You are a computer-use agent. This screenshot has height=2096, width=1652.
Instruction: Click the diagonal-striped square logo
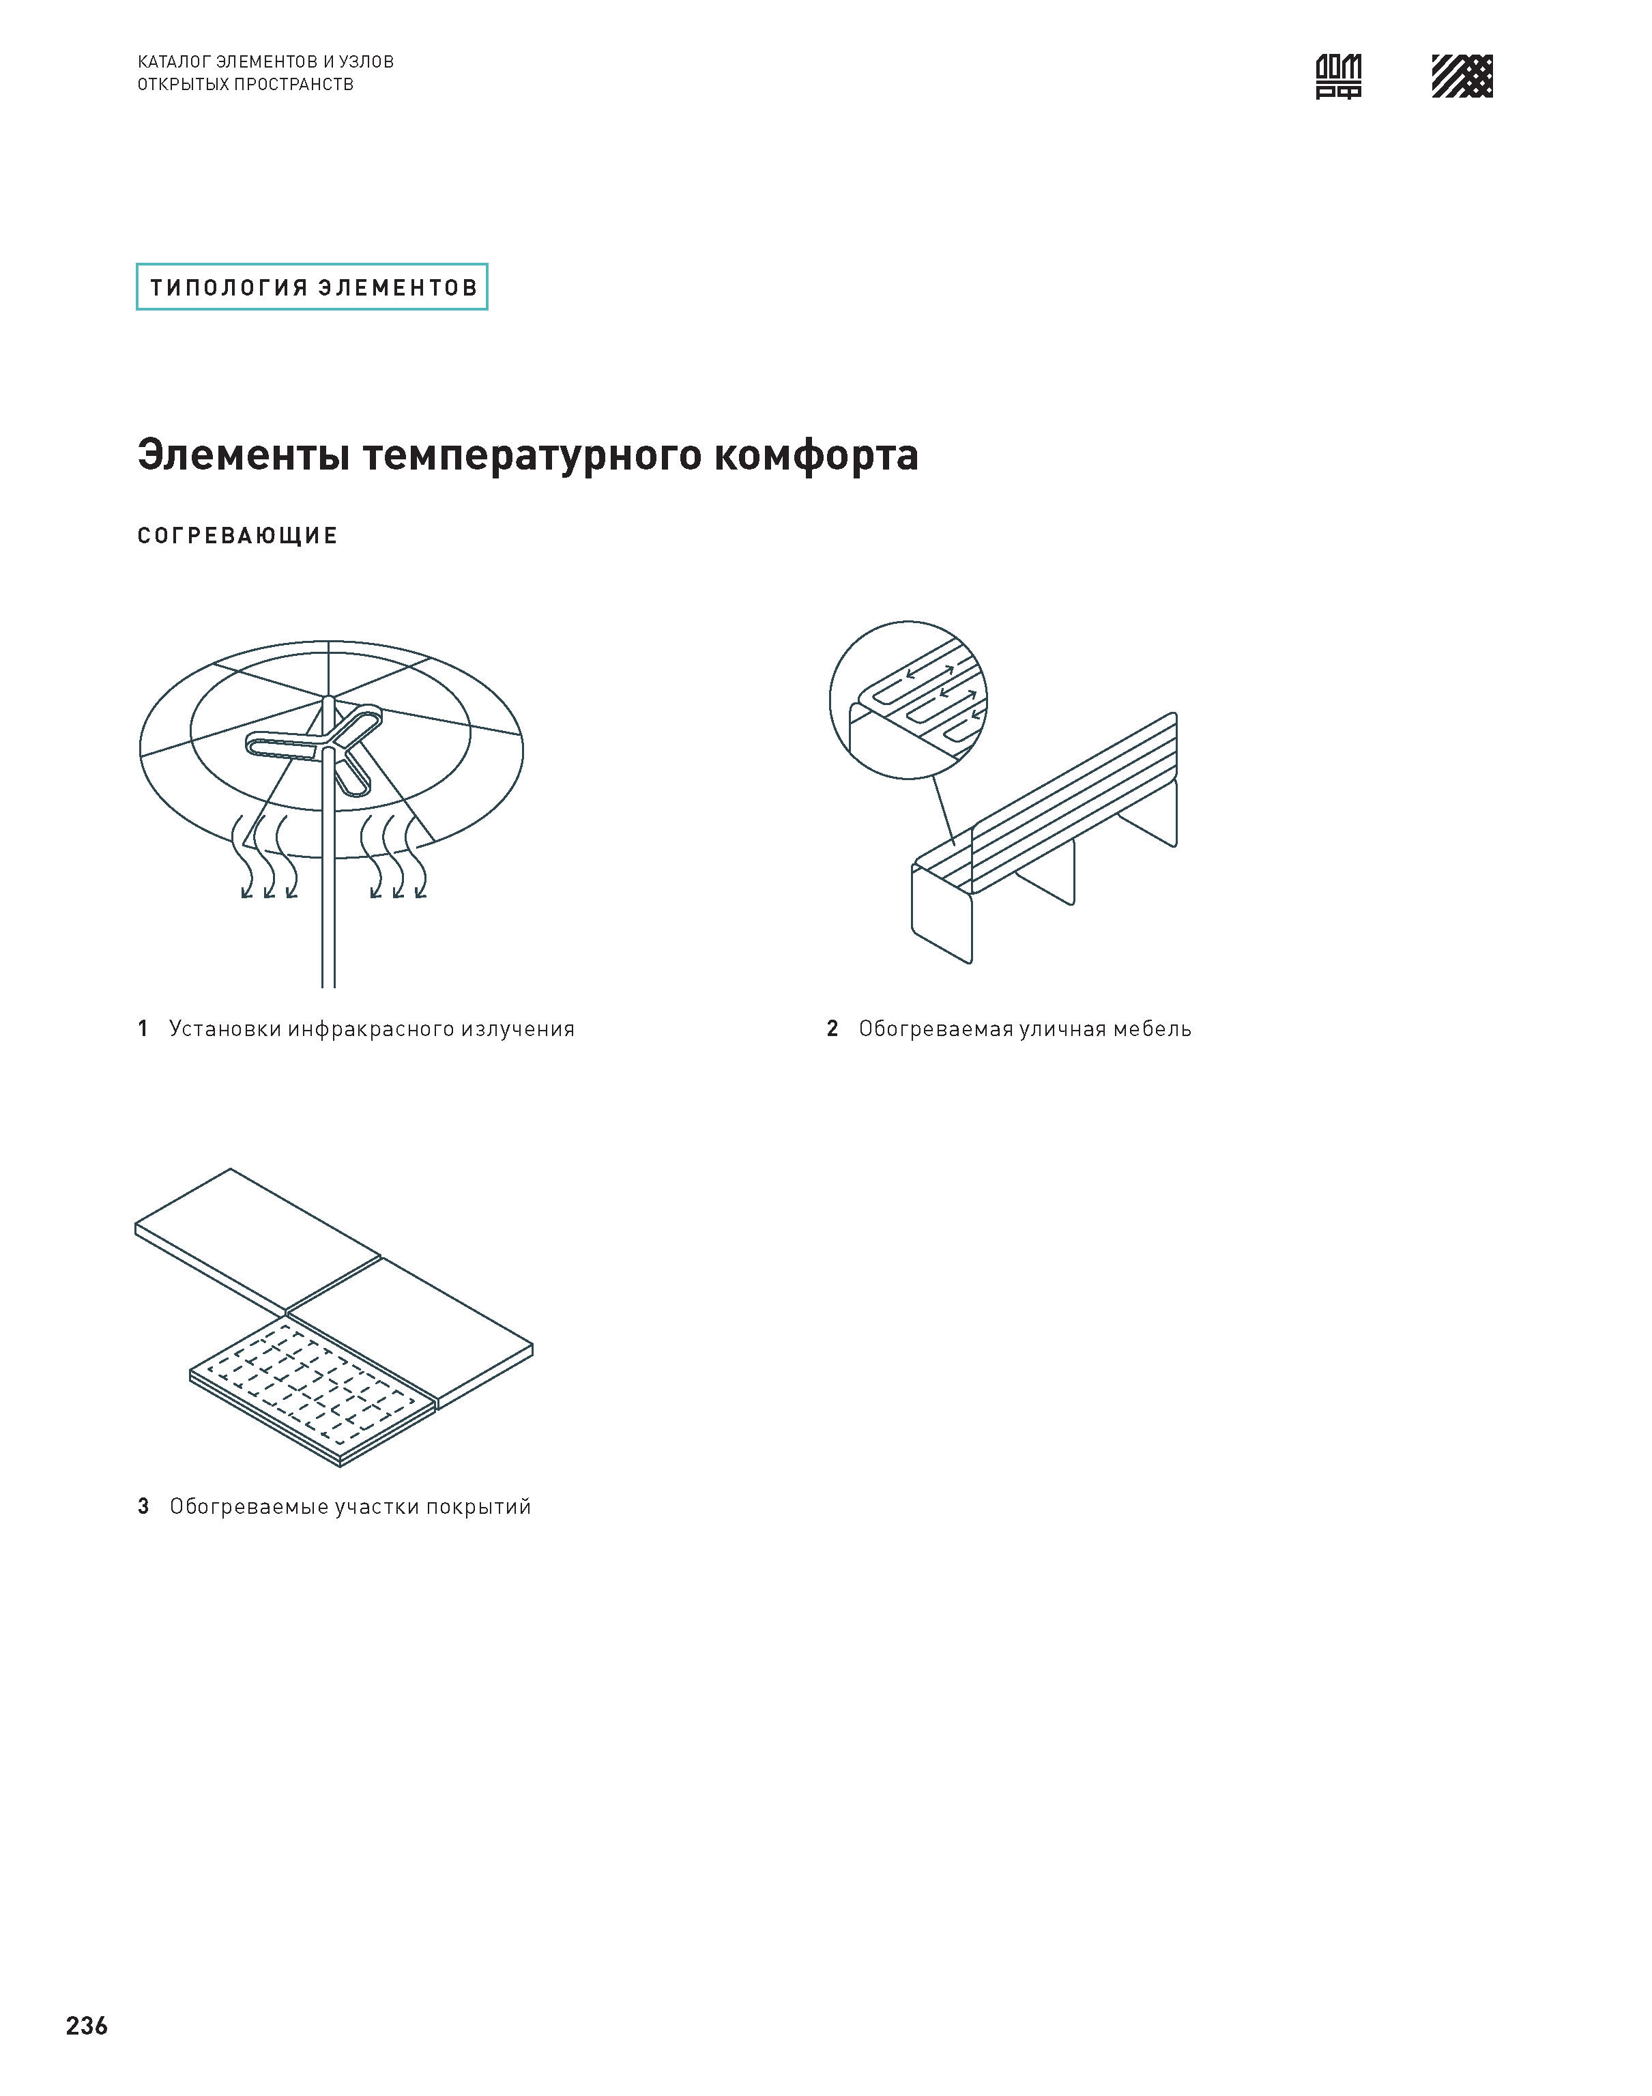[1462, 76]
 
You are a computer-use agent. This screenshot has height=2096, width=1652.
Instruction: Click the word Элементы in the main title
[244, 455]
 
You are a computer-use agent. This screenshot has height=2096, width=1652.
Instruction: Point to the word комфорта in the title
[816, 455]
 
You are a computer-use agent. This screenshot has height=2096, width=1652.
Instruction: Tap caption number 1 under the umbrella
[143, 1028]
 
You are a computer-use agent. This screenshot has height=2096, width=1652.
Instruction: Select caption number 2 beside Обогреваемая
[832, 1028]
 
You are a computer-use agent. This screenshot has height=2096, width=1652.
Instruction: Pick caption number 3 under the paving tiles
[143, 1506]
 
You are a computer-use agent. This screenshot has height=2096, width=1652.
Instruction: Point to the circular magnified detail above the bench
[908, 700]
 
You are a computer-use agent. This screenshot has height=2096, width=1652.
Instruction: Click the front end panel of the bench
[941, 914]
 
